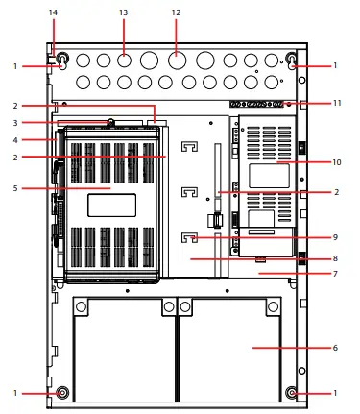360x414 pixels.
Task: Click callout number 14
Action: (x=53, y=12)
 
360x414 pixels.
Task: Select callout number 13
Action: (x=123, y=12)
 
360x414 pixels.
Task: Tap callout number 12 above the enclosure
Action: (x=176, y=12)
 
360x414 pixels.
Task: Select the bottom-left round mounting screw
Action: (x=62, y=392)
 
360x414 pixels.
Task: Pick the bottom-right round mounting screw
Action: (x=293, y=392)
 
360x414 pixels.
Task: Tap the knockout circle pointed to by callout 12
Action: (x=176, y=61)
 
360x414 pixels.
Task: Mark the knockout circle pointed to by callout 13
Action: (x=124, y=61)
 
